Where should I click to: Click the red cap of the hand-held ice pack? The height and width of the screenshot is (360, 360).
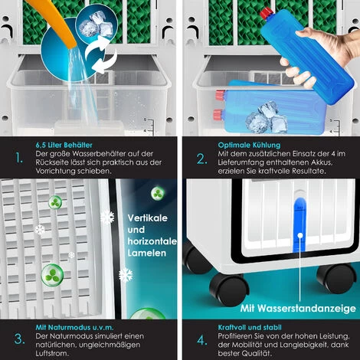(x=267, y=13)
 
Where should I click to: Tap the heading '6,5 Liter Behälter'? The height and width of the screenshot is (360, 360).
(x=64, y=145)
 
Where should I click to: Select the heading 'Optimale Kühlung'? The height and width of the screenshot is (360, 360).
(x=249, y=145)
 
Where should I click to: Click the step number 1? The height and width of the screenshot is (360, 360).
(x=19, y=158)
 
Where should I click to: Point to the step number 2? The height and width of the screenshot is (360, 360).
(x=202, y=159)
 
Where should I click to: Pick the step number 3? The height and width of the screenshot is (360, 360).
(x=19, y=339)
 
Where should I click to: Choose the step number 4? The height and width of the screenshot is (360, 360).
(x=202, y=340)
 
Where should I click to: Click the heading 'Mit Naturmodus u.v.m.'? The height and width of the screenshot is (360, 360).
(x=74, y=327)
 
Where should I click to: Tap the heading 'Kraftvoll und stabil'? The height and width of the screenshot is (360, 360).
(x=250, y=327)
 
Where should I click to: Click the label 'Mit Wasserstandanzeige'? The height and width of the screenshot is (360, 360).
(x=298, y=309)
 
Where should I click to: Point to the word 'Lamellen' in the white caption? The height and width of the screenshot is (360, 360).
(x=147, y=253)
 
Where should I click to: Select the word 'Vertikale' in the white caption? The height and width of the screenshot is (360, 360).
(x=148, y=218)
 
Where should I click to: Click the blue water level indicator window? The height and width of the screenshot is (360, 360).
(x=299, y=224)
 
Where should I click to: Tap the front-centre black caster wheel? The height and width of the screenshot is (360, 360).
(x=228, y=290)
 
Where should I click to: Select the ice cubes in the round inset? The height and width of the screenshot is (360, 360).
(x=97, y=25)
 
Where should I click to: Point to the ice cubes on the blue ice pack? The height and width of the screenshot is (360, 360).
(x=267, y=117)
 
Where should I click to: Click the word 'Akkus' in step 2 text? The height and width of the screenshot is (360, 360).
(x=322, y=162)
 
